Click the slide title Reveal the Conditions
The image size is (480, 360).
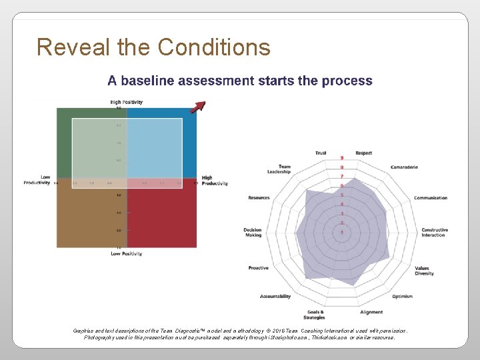point(153,47)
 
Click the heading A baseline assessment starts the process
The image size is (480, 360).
point(240,81)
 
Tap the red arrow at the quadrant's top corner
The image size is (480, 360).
point(198,107)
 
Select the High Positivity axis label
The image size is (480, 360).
point(127,102)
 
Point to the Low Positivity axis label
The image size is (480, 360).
point(127,253)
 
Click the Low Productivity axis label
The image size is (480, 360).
point(37,180)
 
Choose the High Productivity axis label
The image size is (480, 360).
point(214,181)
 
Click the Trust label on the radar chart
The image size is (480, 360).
point(321,153)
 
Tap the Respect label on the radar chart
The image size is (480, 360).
point(363,153)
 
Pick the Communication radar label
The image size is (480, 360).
point(430,198)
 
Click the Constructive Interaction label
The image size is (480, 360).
point(434,232)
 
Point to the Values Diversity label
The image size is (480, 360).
point(423,271)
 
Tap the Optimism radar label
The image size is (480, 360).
point(402,297)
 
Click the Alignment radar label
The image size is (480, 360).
point(371,312)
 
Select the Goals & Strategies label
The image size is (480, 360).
point(316,314)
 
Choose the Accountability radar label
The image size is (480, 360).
point(275,297)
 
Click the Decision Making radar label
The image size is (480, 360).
point(253,232)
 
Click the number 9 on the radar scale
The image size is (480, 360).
point(342,158)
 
